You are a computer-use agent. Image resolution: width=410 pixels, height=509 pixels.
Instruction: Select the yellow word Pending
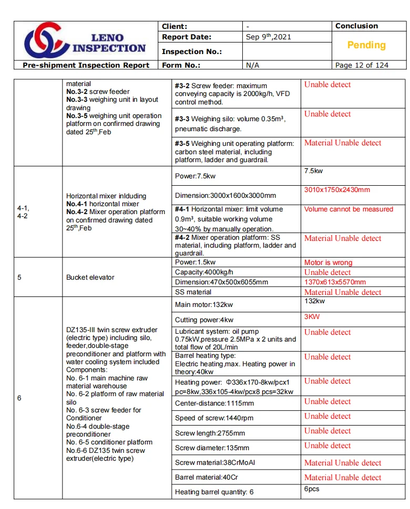[366, 45]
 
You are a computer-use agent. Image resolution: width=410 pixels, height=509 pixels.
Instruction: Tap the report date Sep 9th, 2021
[268, 37]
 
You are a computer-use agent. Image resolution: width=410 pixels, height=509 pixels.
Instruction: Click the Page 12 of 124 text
[362, 65]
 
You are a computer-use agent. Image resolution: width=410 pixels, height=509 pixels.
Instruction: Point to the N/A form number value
[253, 65]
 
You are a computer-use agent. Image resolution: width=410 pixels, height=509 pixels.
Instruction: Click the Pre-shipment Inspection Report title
[86, 65]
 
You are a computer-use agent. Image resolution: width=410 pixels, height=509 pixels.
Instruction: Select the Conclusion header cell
[356, 26]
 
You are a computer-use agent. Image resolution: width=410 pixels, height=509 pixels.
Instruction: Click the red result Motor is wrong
[328, 262]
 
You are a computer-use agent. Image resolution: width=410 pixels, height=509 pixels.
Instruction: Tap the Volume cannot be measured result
[348, 209]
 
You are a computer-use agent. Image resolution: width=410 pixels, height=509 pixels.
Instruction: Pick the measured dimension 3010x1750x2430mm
[337, 189]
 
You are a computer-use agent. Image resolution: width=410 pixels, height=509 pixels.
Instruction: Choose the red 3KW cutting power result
[312, 316]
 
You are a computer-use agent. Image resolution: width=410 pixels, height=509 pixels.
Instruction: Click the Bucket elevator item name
[90, 277]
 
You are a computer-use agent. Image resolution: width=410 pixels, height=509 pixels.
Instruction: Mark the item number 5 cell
[19, 277]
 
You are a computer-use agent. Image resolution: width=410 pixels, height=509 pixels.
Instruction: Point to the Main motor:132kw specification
[204, 304]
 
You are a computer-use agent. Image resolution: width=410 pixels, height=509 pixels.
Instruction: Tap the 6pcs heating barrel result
[312, 489]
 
